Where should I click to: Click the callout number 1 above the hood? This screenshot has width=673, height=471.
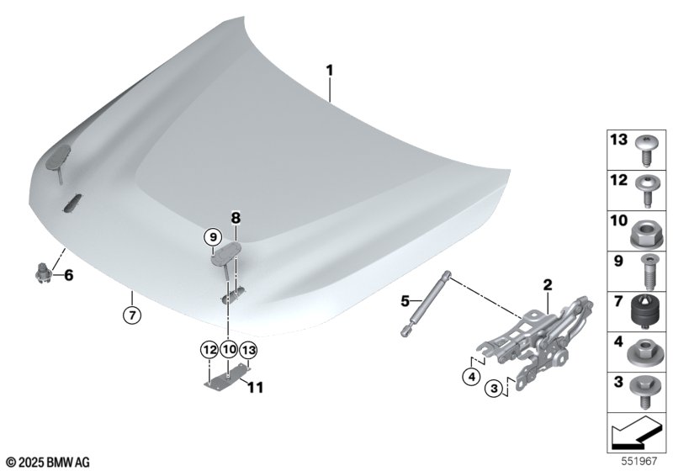[329, 71]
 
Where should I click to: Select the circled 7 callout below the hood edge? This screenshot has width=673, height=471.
[132, 315]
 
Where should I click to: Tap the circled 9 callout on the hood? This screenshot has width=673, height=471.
[213, 237]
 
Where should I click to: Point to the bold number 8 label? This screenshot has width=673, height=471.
[236, 219]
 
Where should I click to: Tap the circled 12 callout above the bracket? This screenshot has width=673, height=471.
[209, 350]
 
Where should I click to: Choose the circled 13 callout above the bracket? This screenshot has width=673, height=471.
[248, 350]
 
